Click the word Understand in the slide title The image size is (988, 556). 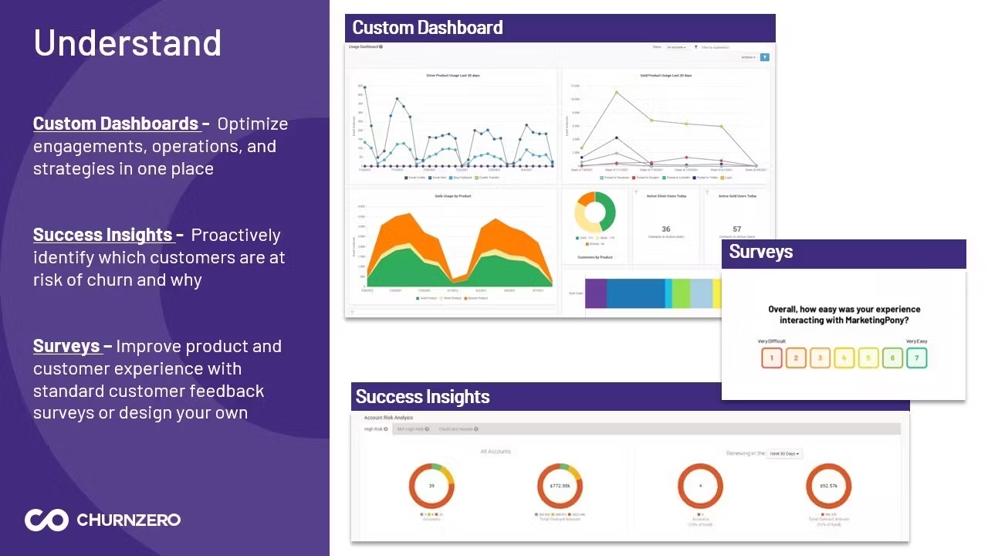click(x=127, y=43)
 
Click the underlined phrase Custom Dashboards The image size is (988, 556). click(x=116, y=124)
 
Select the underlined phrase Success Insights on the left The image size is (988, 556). click(x=103, y=235)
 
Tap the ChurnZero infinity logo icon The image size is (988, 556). click(x=46, y=520)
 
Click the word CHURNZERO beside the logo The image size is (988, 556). click(x=128, y=520)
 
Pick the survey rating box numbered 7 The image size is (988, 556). click(x=916, y=358)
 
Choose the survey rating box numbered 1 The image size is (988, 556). click(x=772, y=358)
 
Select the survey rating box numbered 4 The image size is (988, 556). click(x=844, y=358)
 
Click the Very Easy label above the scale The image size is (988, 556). click(x=916, y=341)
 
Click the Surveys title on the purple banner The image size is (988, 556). click(x=761, y=252)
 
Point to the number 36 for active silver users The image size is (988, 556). click(x=665, y=229)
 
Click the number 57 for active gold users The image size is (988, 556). click(x=737, y=229)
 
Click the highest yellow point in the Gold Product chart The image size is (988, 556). click(x=616, y=93)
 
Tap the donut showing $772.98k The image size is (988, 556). click(x=560, y=486)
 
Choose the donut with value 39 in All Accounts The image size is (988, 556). click(x=431, y=486)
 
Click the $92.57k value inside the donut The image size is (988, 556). click(x=828, y=486)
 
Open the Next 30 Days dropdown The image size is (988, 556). click(x=784, y=453)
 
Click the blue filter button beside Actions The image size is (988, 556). click(x=764, y=57)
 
